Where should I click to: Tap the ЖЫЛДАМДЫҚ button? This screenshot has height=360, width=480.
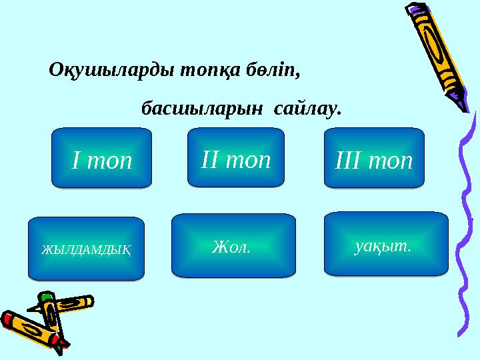(86, 248)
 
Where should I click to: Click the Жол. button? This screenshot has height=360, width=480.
(233, 245)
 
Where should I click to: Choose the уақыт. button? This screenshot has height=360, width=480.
(385, 243)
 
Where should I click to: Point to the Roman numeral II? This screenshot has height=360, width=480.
(211, 159)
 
